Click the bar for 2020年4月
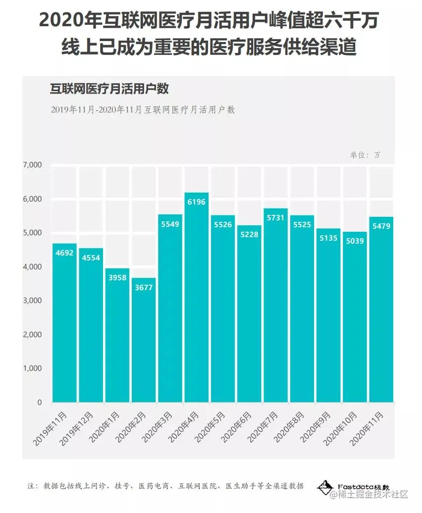(x=197, y=297)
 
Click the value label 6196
(x=197, y=202)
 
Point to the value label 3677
(x=144, y=287)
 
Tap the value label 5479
(x=381, y=226)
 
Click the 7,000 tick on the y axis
(x=33, y=164)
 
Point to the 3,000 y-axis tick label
(x=33, y=301)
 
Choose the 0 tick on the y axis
(x=39, y=403)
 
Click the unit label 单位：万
(x=366, y=155)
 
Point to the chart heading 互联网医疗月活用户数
(x=109, y=89)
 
